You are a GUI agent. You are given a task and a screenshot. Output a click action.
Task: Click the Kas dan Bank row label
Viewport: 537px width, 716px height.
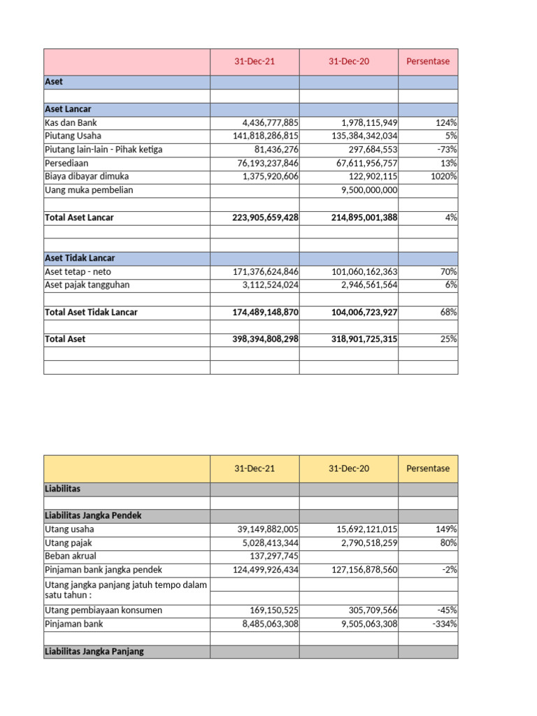click(71, 122)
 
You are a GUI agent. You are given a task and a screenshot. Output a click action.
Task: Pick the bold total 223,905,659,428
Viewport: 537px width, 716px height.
click(265, 217)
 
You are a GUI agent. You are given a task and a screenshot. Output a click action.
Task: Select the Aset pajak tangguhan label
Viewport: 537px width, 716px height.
click(87, 285)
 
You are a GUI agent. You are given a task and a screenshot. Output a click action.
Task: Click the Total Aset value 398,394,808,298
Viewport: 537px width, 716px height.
click(265, 339)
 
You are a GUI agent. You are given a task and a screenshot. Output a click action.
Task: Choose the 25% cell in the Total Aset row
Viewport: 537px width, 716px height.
click(448, 339)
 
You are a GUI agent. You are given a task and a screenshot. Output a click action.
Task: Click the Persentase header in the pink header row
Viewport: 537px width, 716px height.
click(428, 62)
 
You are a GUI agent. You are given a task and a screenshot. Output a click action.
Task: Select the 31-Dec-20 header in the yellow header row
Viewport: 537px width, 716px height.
click(349, 468)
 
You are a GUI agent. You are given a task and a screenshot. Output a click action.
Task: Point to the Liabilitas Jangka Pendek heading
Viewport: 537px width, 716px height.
click(93, 515)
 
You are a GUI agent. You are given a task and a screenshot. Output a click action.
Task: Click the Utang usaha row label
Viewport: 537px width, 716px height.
click(69, 529)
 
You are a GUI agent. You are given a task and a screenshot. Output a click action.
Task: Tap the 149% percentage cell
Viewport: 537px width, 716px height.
click(446, 529)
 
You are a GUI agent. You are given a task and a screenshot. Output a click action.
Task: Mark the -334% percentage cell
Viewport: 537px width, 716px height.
click(444, 624)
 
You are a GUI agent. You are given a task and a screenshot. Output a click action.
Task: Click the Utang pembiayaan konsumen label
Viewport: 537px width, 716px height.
click(103, 610)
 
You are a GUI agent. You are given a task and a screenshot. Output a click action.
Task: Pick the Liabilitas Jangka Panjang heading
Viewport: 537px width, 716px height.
click(94, 652)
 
